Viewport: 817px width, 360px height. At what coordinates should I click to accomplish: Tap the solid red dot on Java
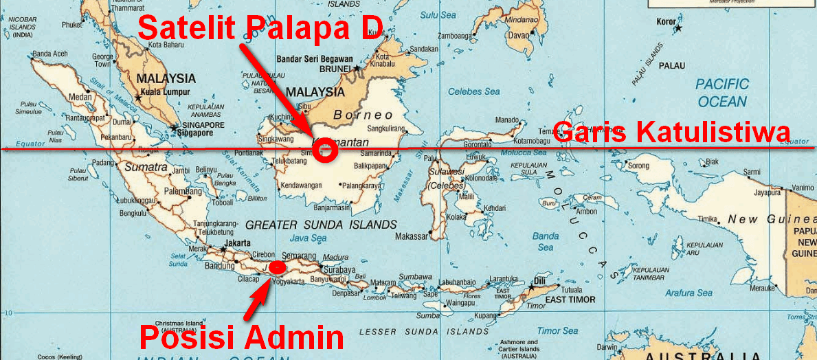coord(277,267)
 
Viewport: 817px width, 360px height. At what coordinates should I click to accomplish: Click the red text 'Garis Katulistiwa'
coord(672,131)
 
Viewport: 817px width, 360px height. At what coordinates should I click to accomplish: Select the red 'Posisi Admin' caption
coord(242,337)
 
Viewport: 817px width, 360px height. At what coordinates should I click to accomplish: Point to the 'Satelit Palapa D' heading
coord(260,28)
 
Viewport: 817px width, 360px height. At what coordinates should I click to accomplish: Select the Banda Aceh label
coord(50,53)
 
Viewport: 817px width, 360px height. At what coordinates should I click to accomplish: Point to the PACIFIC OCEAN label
coord(721,93)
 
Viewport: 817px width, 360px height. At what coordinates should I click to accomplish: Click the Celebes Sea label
coord(473,91)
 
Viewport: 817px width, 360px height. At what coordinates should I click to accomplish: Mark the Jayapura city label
coord(750,193)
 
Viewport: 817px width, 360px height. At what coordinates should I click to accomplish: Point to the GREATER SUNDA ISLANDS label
coord(321,225)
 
